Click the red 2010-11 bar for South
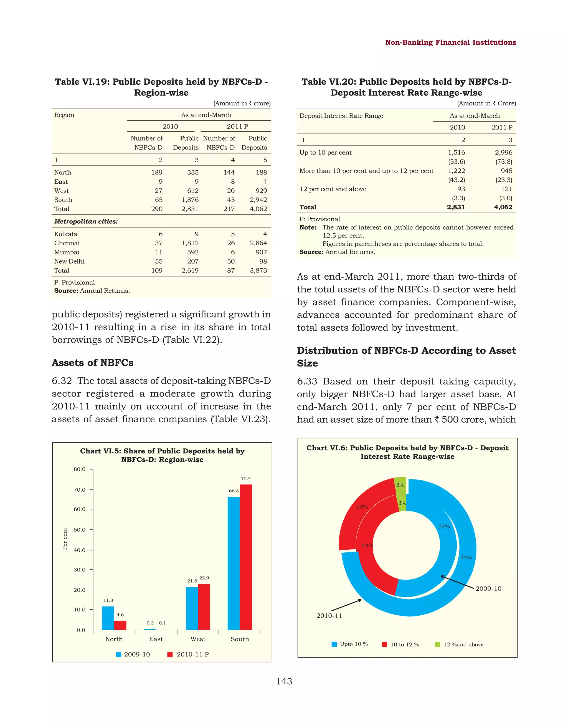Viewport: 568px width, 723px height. click(x=246, y=557)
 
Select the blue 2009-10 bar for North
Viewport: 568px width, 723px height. click(x=108, y=618)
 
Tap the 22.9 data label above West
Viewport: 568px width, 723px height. click(x=204, y=578)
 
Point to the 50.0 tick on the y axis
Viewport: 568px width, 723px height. click(x=80, y=530)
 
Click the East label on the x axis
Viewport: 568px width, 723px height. click(x=156, y=639)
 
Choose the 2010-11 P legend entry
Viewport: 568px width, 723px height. click(x=189, y=654)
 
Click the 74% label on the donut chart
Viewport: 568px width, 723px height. click(x=466, y=557)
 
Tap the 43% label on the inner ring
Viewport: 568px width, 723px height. click(x=367, y=545)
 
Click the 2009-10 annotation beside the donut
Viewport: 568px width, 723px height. click(x=488, y=588)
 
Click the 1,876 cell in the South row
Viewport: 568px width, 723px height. click(x=190, y=200)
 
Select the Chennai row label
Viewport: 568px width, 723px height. click(x=67, y=243)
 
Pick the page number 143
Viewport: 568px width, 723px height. click(x=284, y=681)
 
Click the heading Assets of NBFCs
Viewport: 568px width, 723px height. click(x=92, y=363)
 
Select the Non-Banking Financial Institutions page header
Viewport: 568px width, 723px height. click(x=450, y=42)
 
